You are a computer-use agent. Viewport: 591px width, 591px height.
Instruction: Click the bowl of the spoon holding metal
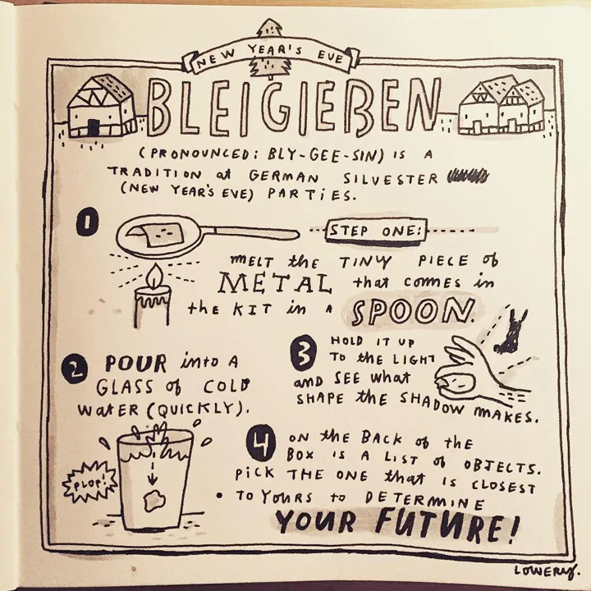tap(159, 236)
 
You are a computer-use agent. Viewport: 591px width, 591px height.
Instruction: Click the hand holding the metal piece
tap(476, 369)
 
